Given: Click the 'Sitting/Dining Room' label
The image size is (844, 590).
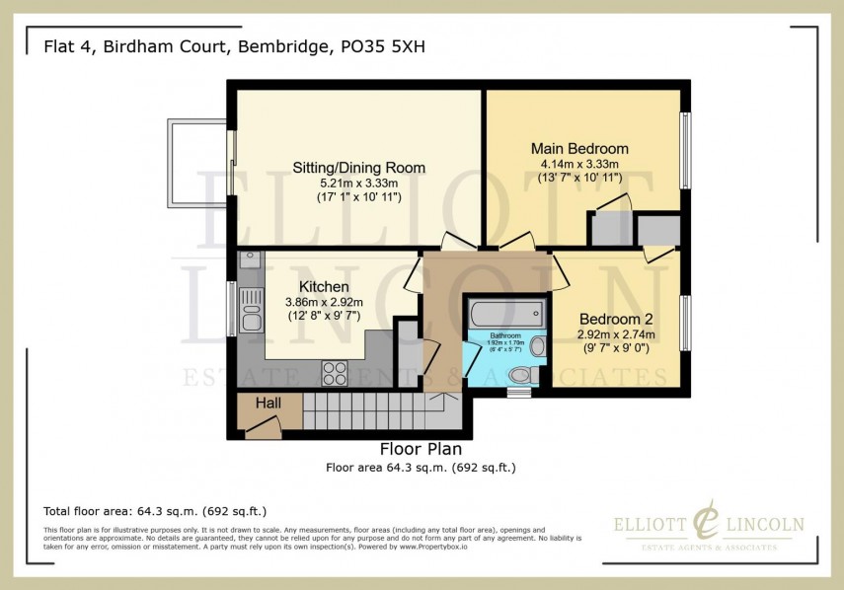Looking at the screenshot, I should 358,168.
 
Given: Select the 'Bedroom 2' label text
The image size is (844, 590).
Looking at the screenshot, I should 616,320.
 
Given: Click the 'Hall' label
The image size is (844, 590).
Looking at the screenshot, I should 269,404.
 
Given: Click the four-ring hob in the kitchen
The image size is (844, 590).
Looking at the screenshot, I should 335,372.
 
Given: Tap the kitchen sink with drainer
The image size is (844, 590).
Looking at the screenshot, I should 251,308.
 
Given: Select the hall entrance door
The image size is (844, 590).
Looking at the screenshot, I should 264,425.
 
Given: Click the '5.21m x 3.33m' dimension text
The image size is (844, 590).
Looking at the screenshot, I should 358,184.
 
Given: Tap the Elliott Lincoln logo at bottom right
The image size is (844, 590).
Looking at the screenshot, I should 709,529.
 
